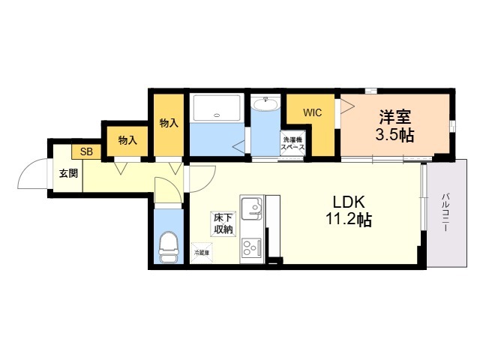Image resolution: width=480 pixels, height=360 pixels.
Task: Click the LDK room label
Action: pyautogui.click(x=349, y=202)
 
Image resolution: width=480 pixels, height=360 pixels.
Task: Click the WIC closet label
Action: pyautogui.click(x=313, y=112)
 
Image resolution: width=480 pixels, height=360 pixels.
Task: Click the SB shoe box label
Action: pyautogui.click(x=87, y=151)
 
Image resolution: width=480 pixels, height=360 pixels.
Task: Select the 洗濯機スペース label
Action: pyautogui.click(x=292, y=144)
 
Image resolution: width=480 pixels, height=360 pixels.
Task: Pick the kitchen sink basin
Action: pyautogui.click(x=251, y=205)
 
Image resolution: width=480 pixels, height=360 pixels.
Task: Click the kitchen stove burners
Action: pyautogui.click(x=250, y=247)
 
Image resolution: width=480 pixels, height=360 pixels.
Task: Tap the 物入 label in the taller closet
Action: pyautogui.click(x=169, y=123)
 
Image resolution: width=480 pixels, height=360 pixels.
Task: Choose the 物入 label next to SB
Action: pyautogui.click(x=128, y=139)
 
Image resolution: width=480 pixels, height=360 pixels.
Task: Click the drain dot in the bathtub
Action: pyautogui.click(x=217, y=115)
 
